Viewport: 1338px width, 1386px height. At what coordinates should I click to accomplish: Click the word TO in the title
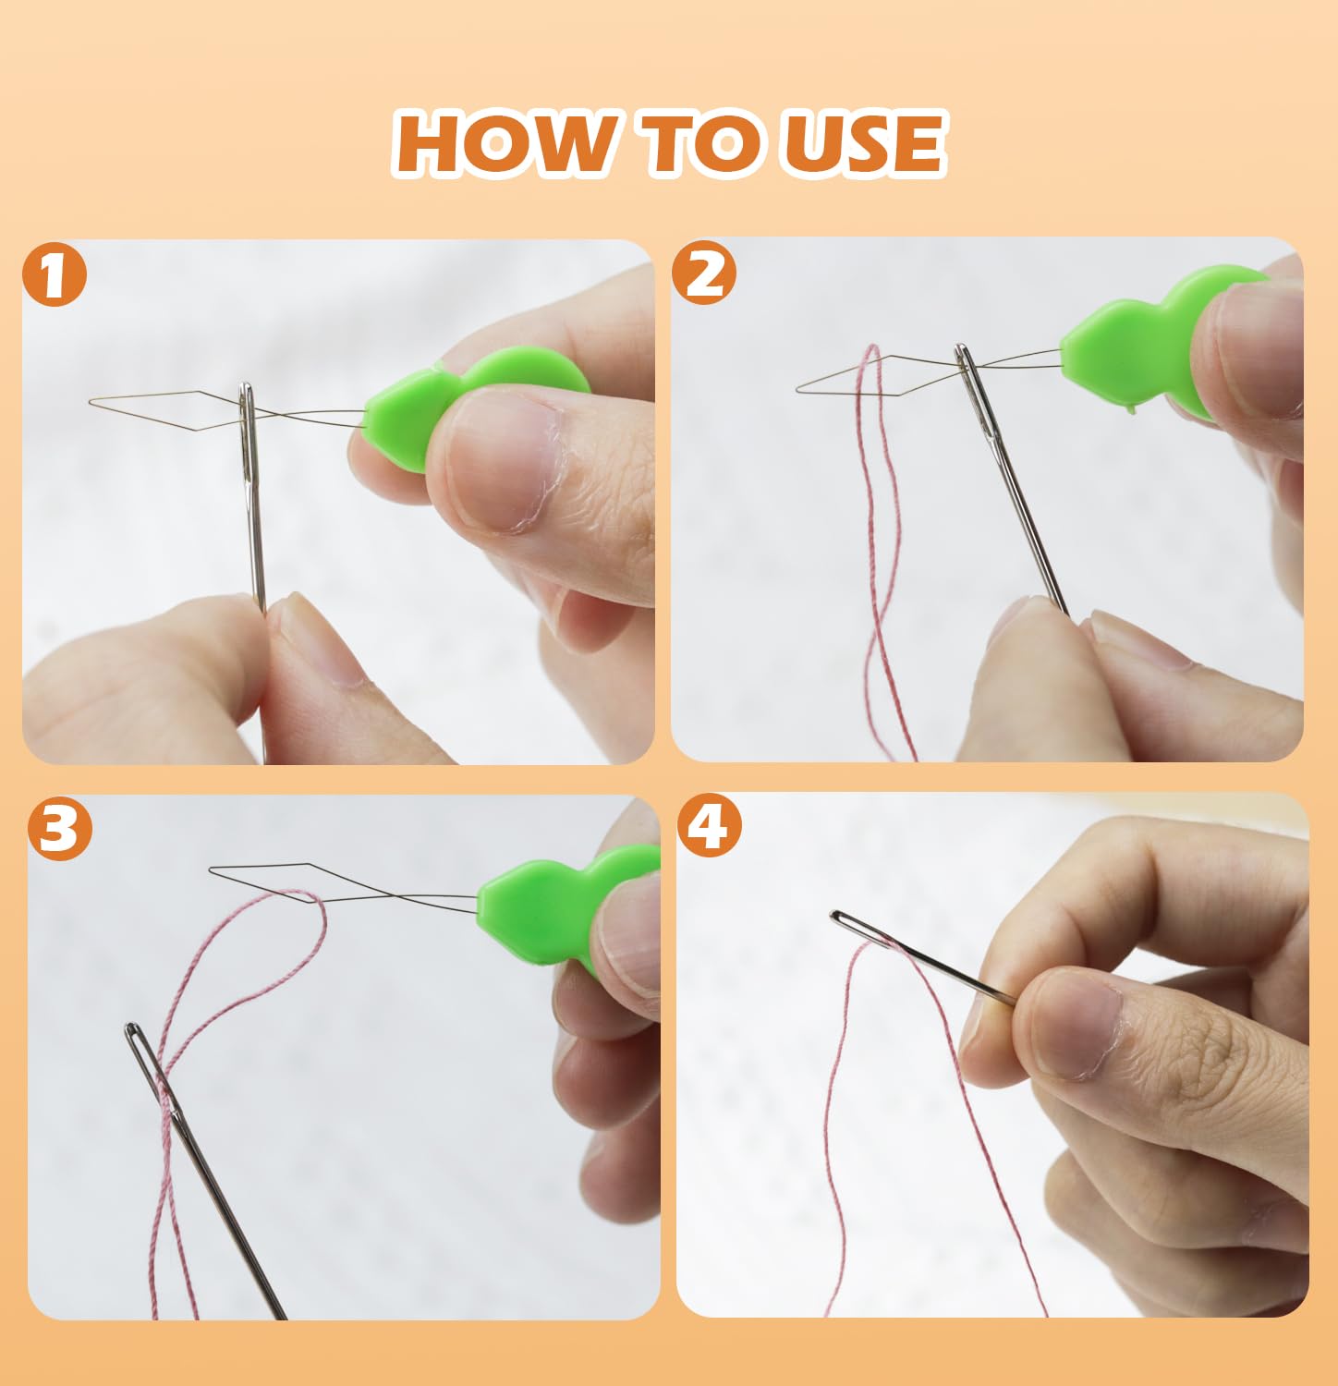click(x=708, y=143)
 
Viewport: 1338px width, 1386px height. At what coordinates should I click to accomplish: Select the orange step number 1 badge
click(x=55, y=275)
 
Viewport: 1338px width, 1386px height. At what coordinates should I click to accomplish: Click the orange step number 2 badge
click(x=705, y=274)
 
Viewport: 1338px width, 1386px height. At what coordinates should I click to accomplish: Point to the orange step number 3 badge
click(x=60, y=829)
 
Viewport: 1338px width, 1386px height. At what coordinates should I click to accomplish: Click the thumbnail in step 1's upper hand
click(x=504, y=462)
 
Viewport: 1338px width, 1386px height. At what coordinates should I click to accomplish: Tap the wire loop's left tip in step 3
click(x=212, y=869)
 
